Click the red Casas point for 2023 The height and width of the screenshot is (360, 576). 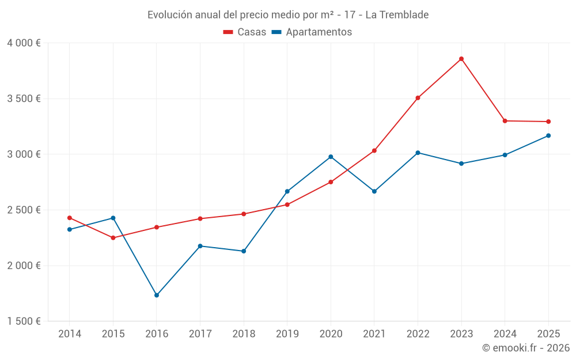click(461, 59)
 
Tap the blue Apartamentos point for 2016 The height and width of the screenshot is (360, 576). click(157, 295)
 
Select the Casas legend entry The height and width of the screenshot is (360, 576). click(245, 32)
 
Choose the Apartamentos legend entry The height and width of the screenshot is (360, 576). click(312, 32)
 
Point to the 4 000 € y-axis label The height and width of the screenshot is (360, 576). click(24, 43)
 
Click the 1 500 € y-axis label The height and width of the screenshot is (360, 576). click(24, 321)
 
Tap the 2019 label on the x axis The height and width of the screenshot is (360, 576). click(287, 334)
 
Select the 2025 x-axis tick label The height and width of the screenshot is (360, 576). click(548, 334)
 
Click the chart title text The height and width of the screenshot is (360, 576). click(288, 15)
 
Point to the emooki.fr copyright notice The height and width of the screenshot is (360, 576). click(525, 348)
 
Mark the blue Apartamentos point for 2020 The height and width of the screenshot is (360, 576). click(331, 157)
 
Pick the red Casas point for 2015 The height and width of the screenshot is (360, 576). click(113, 238)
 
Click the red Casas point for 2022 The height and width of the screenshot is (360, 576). click(418, 98)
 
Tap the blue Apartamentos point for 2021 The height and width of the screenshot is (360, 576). click(374, 191)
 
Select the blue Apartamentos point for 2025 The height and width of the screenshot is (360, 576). click(548, 135)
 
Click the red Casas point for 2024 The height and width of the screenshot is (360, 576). click(505, 121)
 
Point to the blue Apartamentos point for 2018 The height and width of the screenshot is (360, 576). click(244, 251)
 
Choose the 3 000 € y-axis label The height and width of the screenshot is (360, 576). click(24, 154)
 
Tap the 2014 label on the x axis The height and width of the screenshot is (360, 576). click(70, 334)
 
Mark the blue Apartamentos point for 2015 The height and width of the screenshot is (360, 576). click(113, 218)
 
